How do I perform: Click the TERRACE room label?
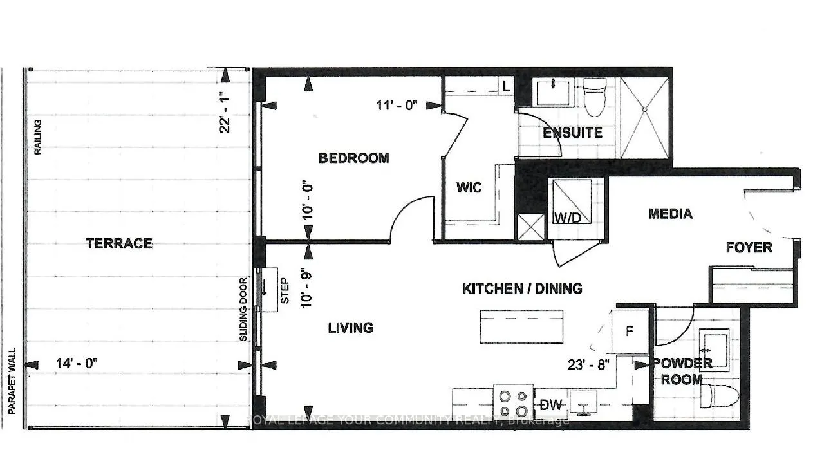(119, 243)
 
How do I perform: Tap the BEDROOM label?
(354, 158)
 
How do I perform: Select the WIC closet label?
(469, 188)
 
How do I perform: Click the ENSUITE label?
(572, 133)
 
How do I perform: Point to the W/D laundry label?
(567, 218)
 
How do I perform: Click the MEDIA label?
(670, 214)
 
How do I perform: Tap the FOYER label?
(749, 247)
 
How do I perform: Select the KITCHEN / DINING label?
(522, 288)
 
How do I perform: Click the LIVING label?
(350, 328)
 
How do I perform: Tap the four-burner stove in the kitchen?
(513, 402)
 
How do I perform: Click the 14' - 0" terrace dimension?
(76, 363)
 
